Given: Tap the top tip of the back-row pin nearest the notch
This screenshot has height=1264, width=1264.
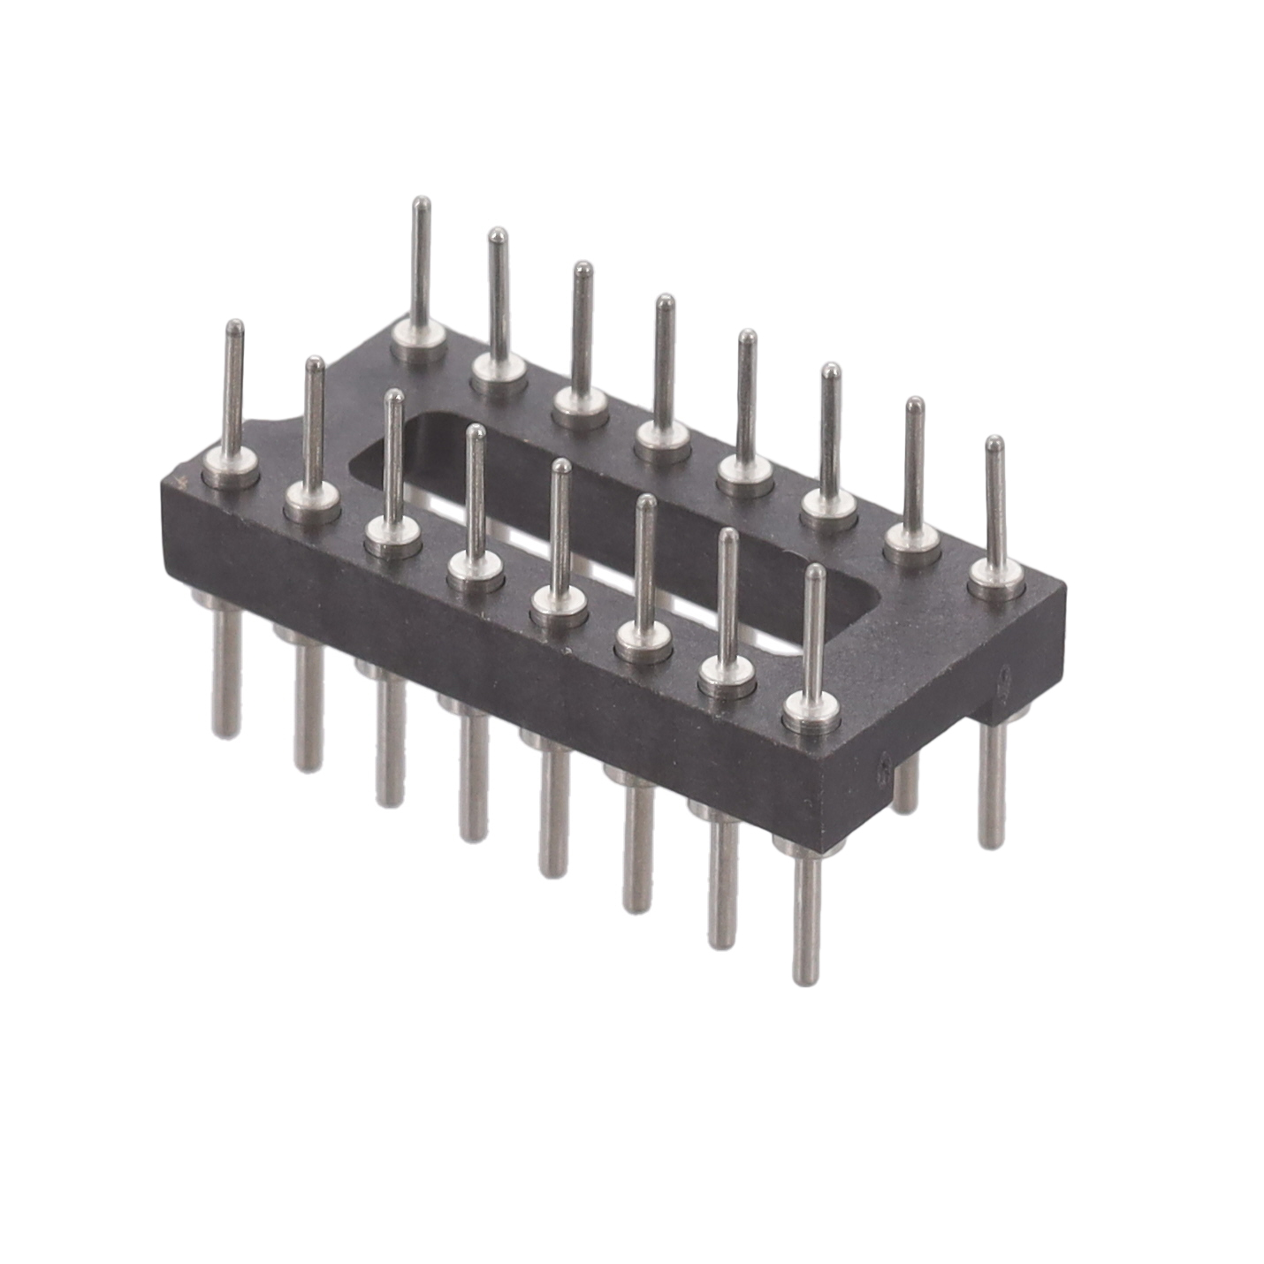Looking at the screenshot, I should click(x=423, y=204).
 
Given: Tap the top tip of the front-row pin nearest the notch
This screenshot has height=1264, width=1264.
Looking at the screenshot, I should click(x=233, y=327).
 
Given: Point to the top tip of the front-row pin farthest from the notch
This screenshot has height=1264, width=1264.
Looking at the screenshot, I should click(x=813, y=572).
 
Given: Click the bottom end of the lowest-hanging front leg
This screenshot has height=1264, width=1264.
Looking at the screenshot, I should click(x=804, y=977).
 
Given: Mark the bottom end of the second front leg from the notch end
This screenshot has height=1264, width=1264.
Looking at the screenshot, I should click(x=307, y=765).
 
